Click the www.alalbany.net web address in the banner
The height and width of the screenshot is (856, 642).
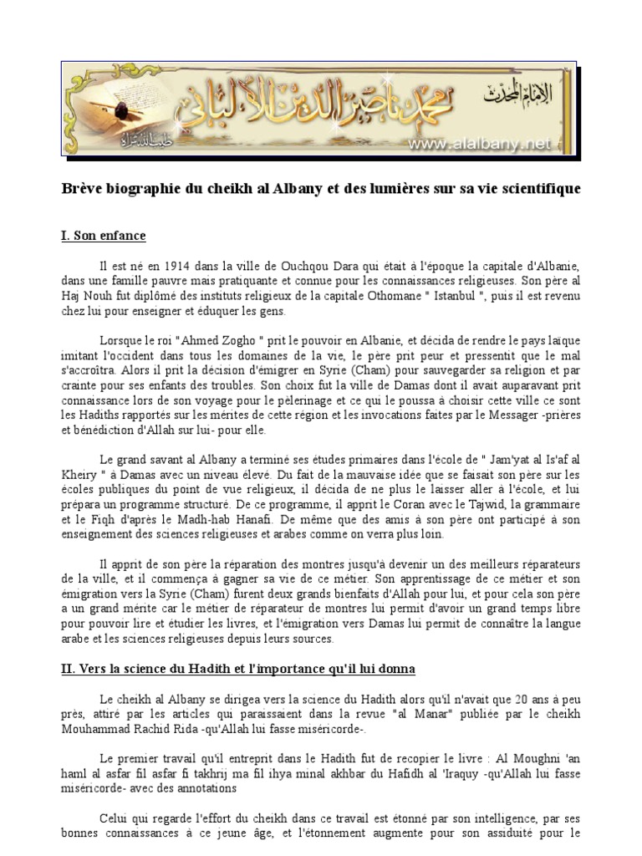click(x=480, y=145)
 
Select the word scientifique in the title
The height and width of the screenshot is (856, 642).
click(x=538, y=189)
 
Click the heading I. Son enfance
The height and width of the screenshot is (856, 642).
click(x=103, y=236)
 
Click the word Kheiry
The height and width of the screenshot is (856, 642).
click(x=79, y=473)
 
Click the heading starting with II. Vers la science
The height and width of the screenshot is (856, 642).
click(x=237, y=669)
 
